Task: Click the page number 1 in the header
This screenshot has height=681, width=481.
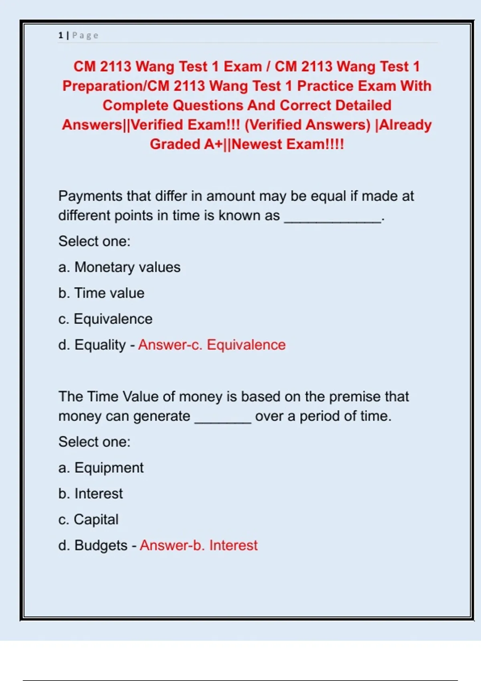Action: click(61, 35)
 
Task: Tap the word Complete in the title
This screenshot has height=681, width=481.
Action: click(135, 105)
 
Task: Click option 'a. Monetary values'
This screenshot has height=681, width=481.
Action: click(119, 267)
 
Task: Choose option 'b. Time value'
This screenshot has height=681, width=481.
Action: click(101, 293)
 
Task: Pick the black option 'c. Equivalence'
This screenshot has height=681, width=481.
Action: click(105, 319)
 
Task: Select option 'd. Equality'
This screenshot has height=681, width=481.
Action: click(92, 345)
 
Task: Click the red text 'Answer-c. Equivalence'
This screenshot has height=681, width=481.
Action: click(212, 345)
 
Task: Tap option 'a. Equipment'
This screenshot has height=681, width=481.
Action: click(101, 467)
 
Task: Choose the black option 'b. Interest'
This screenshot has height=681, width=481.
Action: click(91, 494)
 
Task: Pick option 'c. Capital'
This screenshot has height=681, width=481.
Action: click(89, 520)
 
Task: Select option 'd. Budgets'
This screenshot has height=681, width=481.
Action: click(93, 546)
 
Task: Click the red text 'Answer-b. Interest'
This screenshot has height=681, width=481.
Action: click(198, 546)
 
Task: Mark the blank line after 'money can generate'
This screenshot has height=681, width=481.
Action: click(223, 421)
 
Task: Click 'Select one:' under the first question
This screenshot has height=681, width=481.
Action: click(95, 241)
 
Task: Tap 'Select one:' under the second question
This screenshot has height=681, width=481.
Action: click(95, 442)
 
